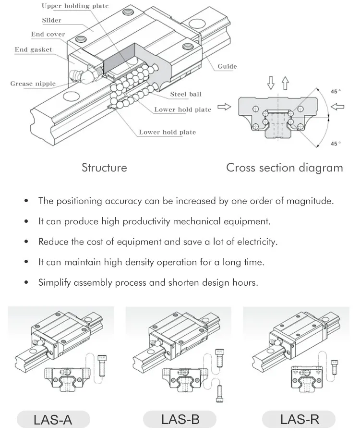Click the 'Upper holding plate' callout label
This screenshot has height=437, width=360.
(x=75, y=6)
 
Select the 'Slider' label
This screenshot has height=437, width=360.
(x=52, y=21)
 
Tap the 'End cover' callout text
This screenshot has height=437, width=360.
(x=48, y=35)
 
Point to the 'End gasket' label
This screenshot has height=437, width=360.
(x=33, y=49)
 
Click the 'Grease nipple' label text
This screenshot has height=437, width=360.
(x=33, y=84)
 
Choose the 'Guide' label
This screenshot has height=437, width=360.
(x=227, y=66)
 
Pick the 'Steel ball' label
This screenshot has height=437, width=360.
(x=186, y=94)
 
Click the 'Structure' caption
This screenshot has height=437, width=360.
(x=104, y=168)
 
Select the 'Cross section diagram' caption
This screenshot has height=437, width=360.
(x=285, y=168)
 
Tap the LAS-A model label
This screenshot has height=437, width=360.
(x=53, y=420)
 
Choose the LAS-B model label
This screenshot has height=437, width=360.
(x=180, y=420)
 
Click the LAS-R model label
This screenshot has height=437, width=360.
(x=300, y=420)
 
